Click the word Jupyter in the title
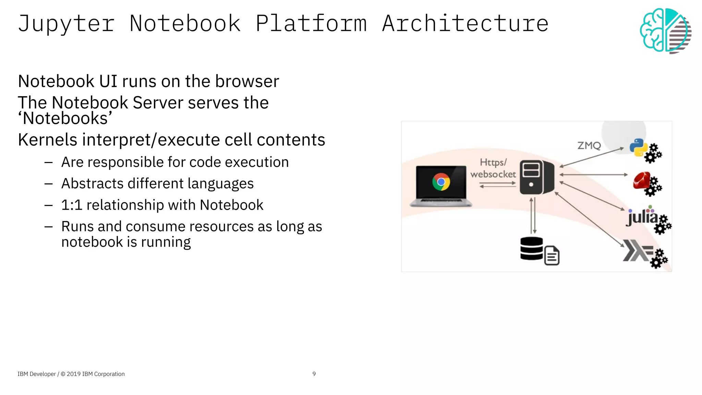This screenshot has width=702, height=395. click(66, 24)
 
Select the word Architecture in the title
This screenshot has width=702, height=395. click(465, 24)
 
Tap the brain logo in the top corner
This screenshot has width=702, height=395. click(665, 30)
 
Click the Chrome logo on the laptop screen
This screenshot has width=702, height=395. click(441, 182)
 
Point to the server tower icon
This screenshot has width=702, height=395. click(536, 177)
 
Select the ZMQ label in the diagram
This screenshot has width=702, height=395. click(589, 146)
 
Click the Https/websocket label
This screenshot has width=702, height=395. click(493, 168)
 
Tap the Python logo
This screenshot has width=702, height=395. click(638, 147)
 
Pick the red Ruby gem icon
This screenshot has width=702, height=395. click(641, 181)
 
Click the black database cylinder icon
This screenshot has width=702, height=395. click(531, 248)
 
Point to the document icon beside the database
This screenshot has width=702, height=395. click(552, 256)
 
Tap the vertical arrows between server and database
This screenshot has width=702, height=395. click(533, 215)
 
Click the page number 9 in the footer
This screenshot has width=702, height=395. click(314, 374)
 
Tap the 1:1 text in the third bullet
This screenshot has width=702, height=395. click(72, 205)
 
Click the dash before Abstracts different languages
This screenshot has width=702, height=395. click(48, 184)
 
